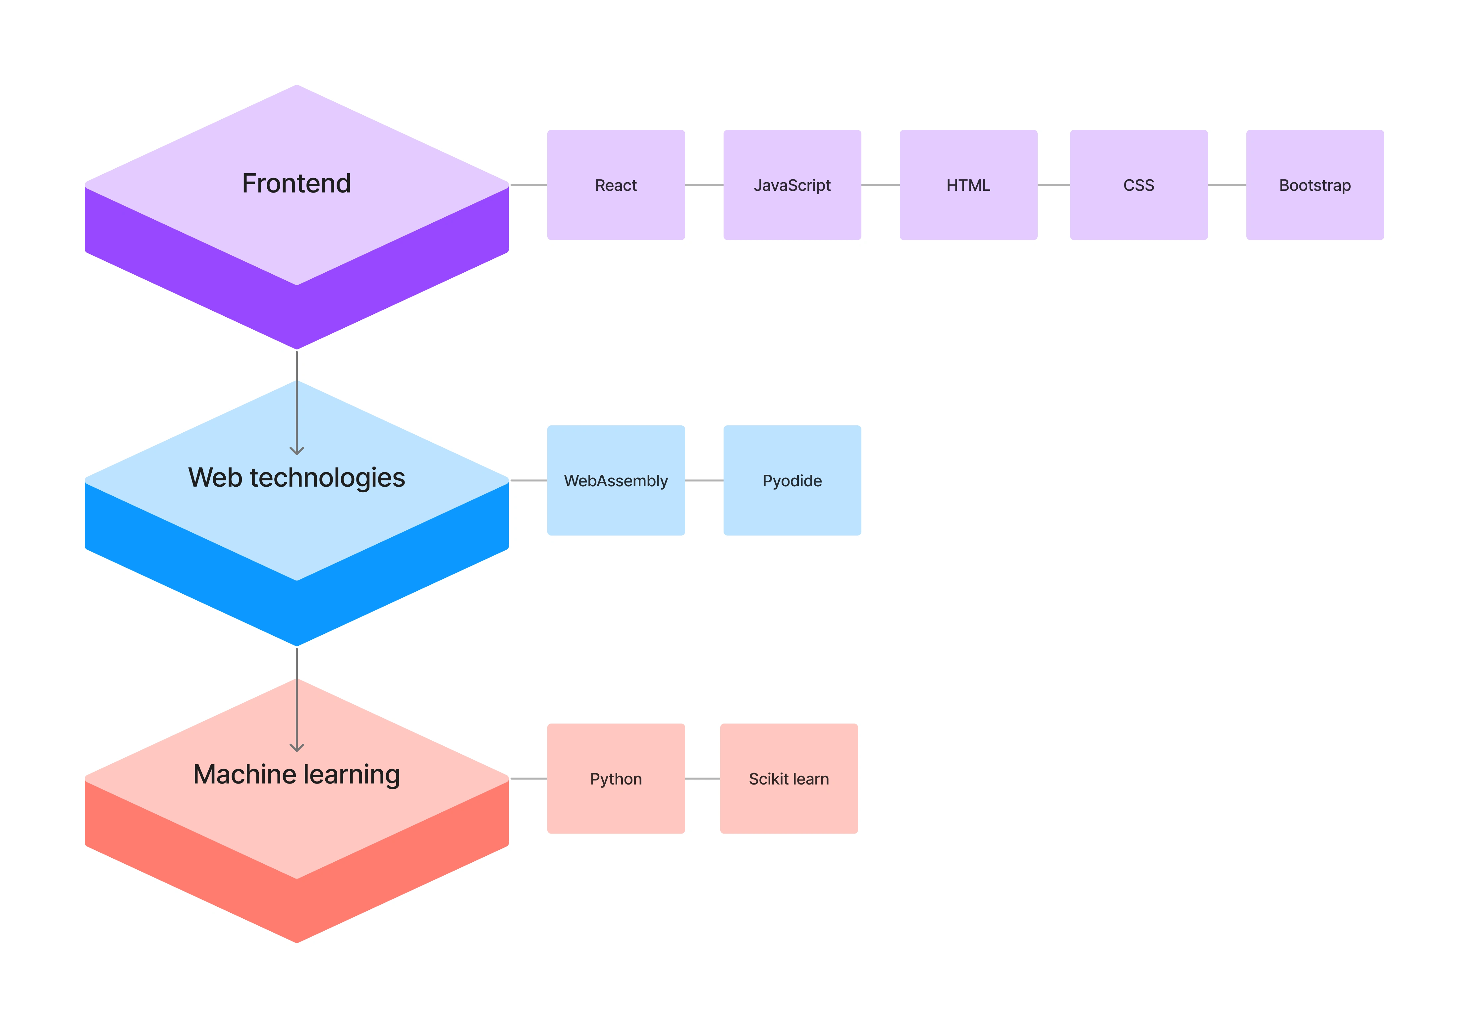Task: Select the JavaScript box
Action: coord(792,185)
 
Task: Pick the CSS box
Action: coord(1139,185)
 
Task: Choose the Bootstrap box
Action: coord(1315,185)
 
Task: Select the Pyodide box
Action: coord(792,480)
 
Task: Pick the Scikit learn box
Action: coord(789,779)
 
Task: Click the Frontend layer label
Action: coord(296,184)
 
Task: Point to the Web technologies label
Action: coord(296,478)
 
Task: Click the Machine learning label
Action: coord(296,775)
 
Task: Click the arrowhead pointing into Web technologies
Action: coord(296,450)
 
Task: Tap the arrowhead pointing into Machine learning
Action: coord(296,747)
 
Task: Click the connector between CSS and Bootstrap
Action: coord(1227,185)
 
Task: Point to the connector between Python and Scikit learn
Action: coord(702,779)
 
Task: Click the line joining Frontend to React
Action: coord(528,185)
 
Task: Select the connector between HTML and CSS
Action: coord(1054,185)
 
